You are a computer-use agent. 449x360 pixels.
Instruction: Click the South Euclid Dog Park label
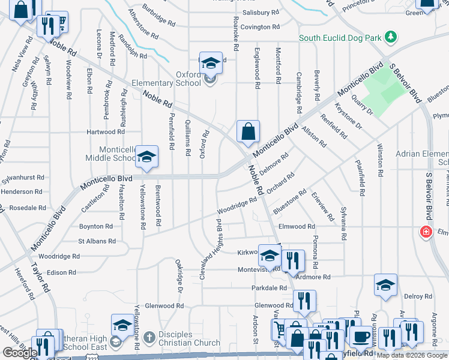click(341, 38)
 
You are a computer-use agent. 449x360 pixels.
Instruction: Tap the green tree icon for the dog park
click(391, 37)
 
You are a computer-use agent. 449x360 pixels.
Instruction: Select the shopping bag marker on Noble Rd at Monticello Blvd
click(248, 131)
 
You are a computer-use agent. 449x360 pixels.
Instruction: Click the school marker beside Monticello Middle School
click(146, 157)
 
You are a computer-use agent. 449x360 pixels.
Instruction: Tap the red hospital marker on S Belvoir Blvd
click(426, 232)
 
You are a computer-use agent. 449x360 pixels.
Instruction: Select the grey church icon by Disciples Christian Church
click(149, 337)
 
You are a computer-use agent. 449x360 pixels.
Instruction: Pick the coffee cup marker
click(361, 337)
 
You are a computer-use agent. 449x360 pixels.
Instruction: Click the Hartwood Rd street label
click(105, 131)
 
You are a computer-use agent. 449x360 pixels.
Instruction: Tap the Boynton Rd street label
click(96, 227)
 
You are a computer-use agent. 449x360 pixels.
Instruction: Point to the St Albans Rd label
click(97, 241)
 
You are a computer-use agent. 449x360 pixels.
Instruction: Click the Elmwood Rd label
click(297, 227)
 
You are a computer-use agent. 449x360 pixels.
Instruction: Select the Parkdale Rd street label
click(270, 288)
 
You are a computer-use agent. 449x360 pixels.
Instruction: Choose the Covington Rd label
click(261, 27)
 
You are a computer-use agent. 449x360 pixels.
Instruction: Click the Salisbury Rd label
click(261, 12)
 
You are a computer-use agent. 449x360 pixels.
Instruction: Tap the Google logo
click(20, 353)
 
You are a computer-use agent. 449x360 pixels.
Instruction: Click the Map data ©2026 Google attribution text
click(412, 355)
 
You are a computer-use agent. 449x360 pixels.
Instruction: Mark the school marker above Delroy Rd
click(385, 286)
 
